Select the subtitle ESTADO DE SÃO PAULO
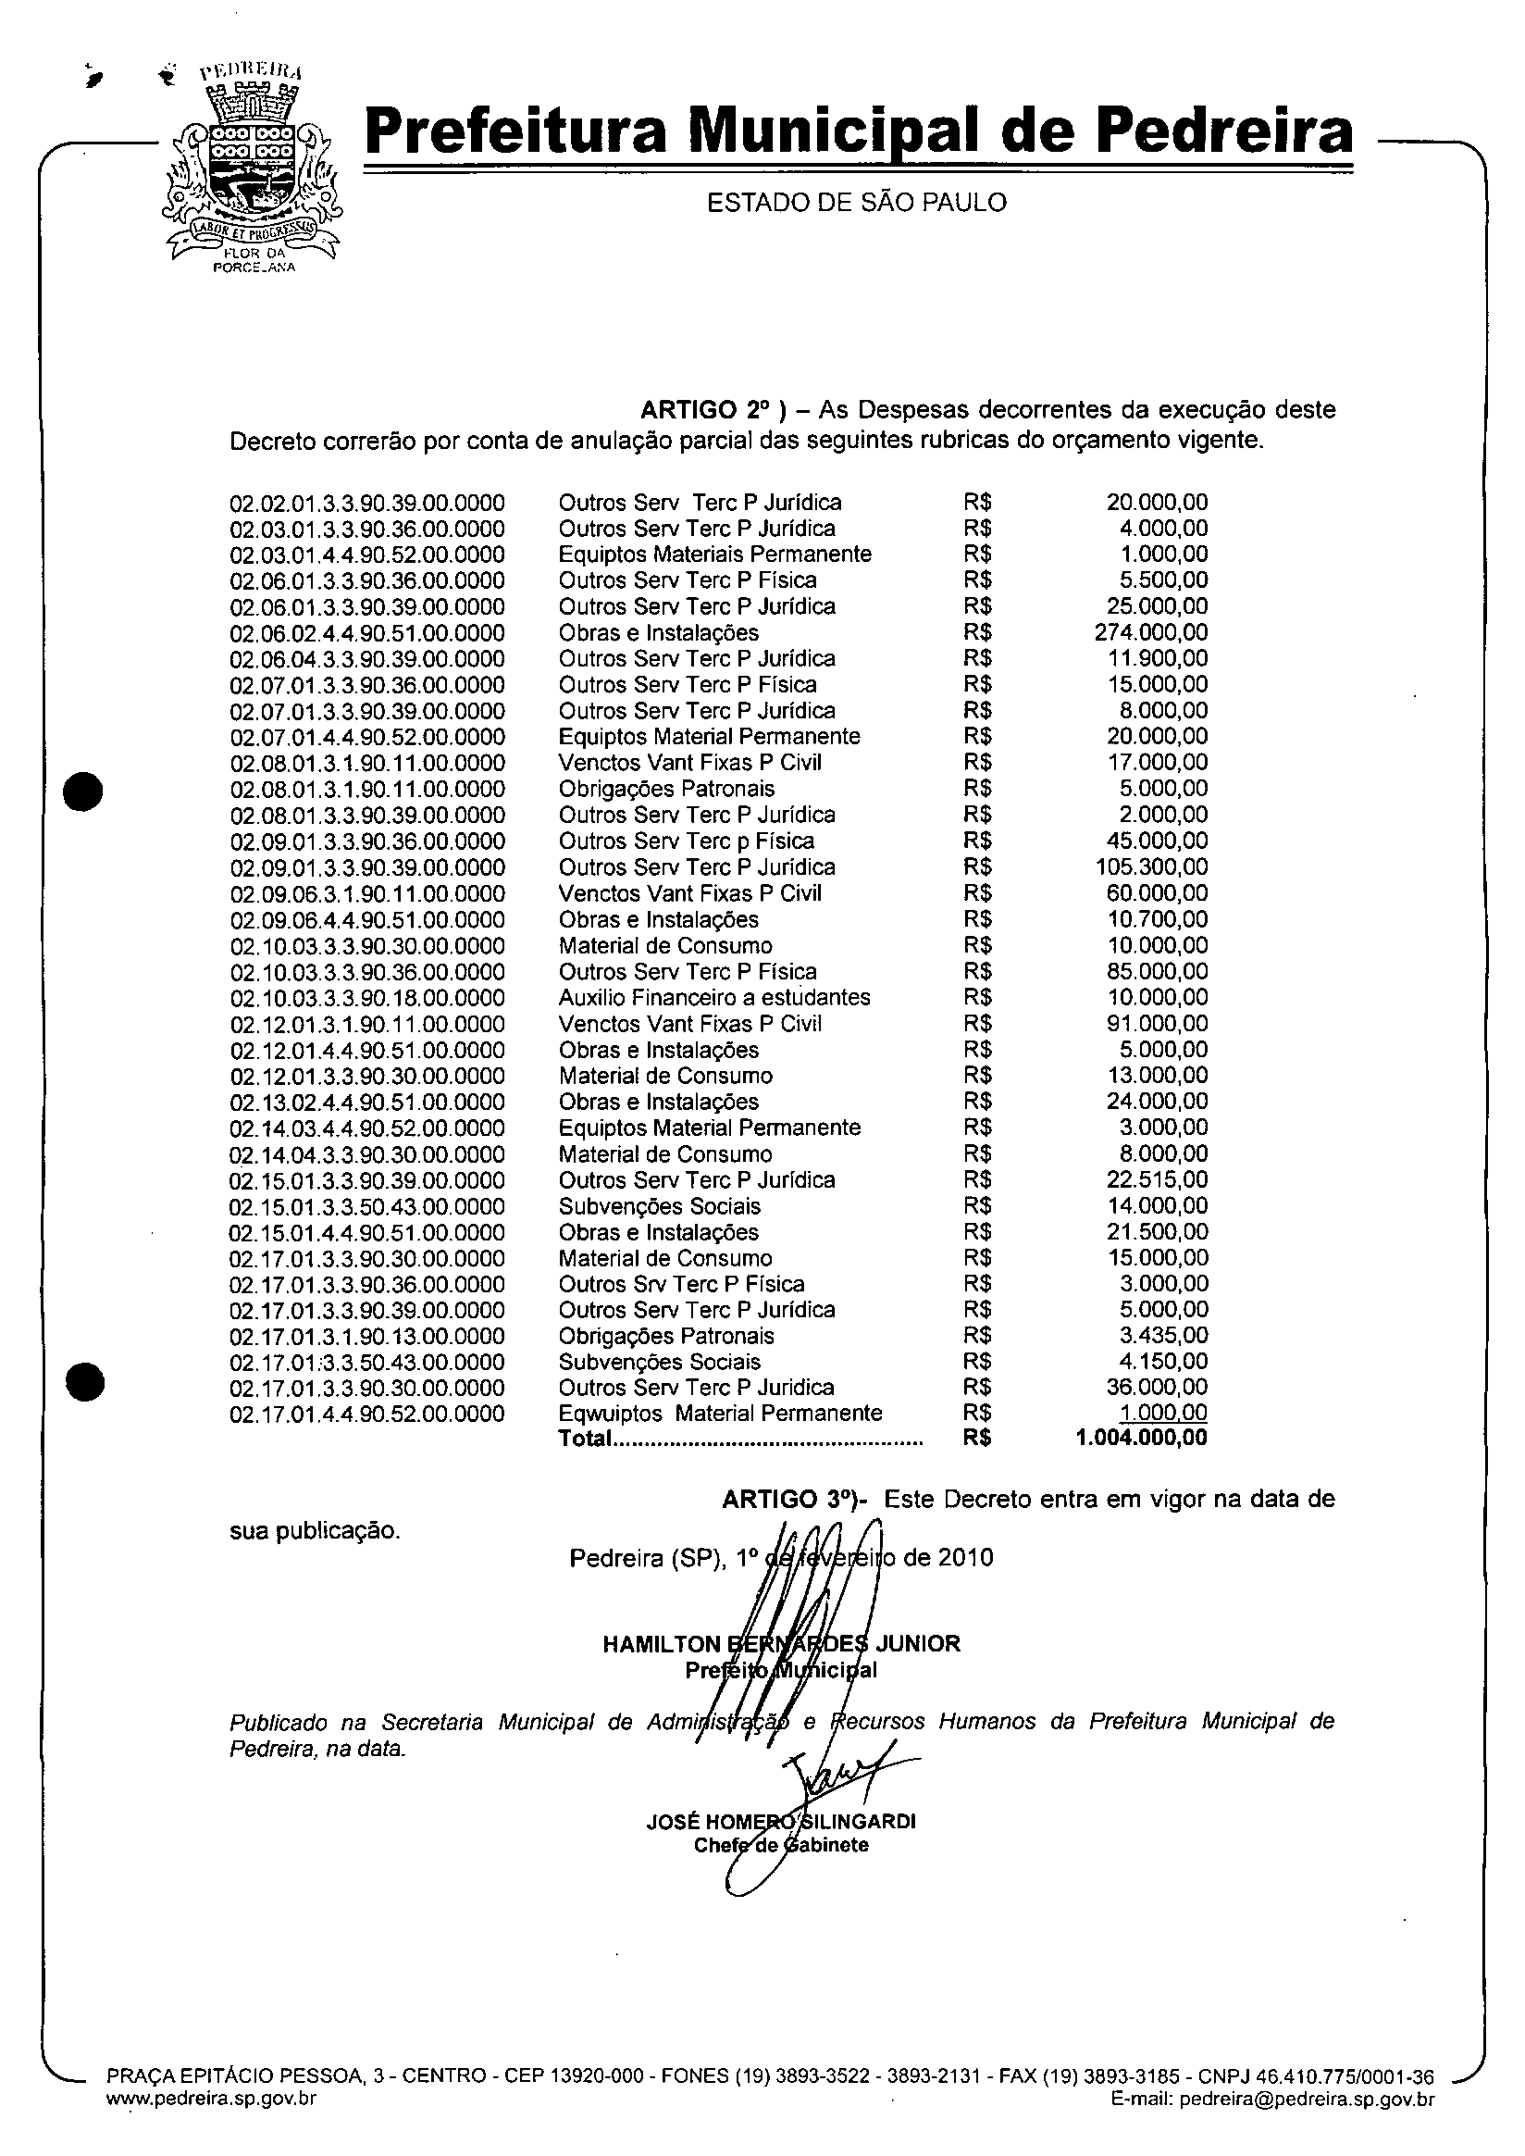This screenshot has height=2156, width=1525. click(856, 203)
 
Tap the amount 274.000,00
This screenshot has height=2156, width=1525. click(1151, 633)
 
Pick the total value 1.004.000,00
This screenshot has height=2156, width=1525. click(1142, 1438)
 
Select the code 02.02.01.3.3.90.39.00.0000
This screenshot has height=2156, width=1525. click(367, 504)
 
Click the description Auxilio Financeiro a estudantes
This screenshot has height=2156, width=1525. click(714, 998)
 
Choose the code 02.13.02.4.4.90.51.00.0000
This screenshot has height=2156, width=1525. click(367, 1103)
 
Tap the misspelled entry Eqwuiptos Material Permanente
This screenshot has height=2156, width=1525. click(720, 1414)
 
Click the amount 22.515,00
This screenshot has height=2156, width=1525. click(1157, 1180)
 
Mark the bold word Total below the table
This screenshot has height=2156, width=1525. click(585, 1439)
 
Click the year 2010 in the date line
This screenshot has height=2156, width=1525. click(965, 1559)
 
